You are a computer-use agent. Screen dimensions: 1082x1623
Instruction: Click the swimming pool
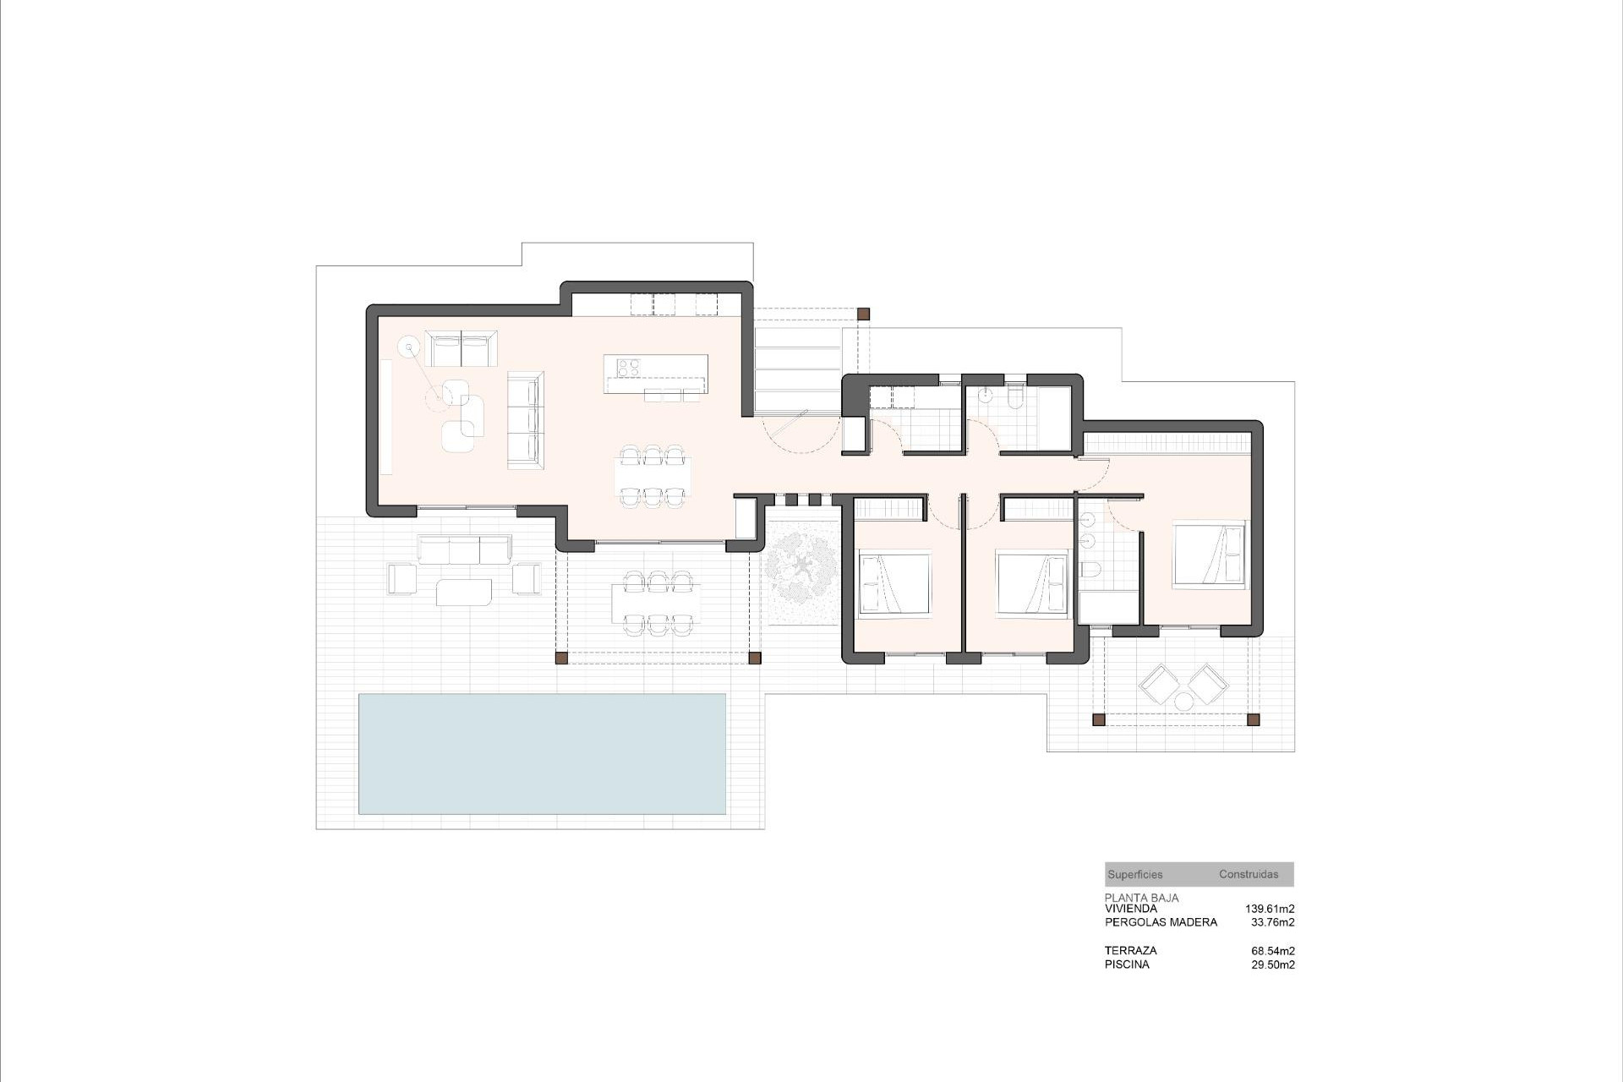click(542, 753)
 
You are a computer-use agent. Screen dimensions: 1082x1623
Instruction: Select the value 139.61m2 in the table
click(1270, 909)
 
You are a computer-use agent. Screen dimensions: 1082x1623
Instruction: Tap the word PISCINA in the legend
click(1127, 965)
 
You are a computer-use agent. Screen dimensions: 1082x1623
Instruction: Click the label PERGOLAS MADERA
click(1161, 922)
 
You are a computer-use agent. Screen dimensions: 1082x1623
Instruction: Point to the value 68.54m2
click(1273, 951)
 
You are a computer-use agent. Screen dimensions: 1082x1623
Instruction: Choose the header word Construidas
click(1249, 875)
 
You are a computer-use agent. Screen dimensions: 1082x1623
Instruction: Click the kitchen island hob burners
click(628, 367)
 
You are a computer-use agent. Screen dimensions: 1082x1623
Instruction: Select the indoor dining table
click(652, 478)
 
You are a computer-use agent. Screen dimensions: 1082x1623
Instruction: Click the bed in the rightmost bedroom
click(1209, 555)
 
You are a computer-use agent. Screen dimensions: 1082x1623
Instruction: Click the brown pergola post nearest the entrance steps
click(863, 314)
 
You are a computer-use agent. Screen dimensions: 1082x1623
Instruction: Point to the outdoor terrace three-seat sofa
click(464, 549)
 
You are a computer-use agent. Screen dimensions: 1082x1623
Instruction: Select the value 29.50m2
click(1273, 965)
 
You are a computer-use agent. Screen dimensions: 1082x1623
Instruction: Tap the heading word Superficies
click(1134, 875)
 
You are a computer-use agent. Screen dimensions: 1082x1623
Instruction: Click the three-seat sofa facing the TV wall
click(524, 418)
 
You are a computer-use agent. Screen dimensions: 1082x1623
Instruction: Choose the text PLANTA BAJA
click(1141, 898)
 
